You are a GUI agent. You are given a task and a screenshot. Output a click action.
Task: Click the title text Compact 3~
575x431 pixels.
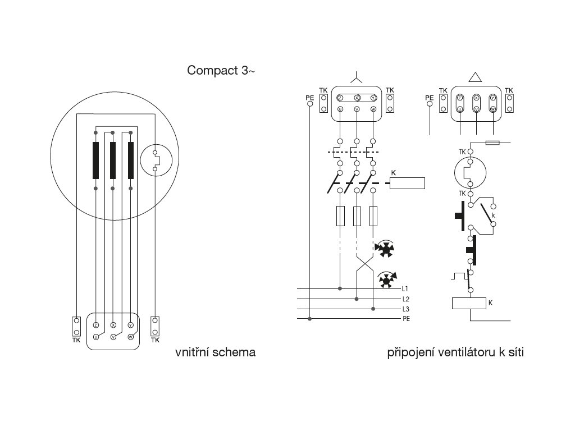(221, 71)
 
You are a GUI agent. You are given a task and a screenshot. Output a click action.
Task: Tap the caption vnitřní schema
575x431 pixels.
(216, 352)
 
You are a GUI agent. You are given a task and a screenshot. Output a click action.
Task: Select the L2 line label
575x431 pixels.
(406, 299)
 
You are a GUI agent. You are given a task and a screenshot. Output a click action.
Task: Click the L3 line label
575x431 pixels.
(406, 309)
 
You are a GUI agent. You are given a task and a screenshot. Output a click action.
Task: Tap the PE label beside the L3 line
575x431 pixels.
(406, 319)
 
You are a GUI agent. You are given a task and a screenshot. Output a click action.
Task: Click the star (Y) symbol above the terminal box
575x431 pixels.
(357, 77)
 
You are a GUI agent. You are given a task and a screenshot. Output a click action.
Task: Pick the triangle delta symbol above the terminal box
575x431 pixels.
(476, 78)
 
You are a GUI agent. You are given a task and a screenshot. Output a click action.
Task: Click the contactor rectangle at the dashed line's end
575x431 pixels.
(407, 183)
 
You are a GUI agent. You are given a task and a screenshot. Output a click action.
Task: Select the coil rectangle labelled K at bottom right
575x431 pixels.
(468, 304)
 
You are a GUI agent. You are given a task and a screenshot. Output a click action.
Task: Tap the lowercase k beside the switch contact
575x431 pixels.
(493, 215)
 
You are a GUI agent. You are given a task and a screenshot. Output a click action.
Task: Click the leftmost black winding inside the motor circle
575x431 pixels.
(96, 160)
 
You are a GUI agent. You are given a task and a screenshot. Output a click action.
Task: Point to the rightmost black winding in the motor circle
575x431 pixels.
(131, 160)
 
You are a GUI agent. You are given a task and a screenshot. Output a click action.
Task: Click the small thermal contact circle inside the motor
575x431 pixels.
(156, 160)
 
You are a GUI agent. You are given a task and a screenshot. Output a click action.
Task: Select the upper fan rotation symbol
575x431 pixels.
(386, 249)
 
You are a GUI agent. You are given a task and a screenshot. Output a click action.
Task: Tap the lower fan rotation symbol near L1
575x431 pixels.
(386, 279)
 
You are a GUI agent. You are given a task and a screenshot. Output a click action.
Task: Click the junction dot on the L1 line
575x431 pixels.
(340, 288)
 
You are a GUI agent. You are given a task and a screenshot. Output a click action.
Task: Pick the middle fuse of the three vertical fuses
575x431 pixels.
(357, 216)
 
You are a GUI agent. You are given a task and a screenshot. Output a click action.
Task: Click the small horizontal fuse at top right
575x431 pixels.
(492, 143)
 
